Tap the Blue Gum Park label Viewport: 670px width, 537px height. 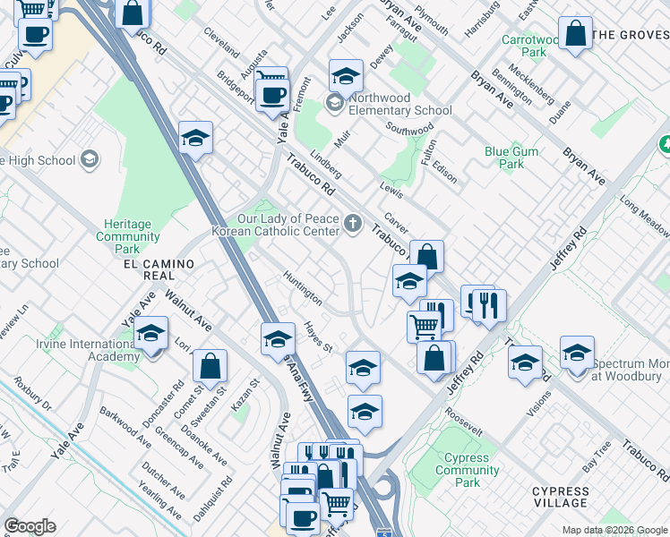511,158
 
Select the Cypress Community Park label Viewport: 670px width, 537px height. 467,470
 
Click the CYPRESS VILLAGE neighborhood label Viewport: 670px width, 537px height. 573,498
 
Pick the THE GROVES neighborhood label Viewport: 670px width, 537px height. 631,36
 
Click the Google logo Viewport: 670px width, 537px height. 30,526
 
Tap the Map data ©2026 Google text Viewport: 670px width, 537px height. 614,529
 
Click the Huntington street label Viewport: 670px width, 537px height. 302,286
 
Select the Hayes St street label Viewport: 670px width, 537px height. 318,337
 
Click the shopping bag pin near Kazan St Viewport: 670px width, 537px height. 210,366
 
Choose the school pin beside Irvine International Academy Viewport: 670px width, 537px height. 151,334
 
